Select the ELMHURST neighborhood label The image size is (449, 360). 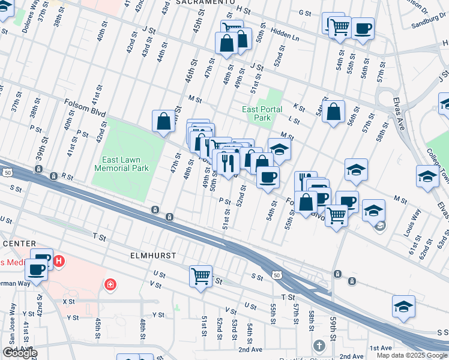(154, 255)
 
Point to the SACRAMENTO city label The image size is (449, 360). (206, 2)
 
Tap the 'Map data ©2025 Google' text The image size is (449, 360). (412, 355)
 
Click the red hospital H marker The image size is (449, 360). (59, 261)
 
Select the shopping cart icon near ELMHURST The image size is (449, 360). (200, 277)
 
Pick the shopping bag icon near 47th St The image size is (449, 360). (164, 121)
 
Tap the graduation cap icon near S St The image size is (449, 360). (404, 306)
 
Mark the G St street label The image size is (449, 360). (304, 13)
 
